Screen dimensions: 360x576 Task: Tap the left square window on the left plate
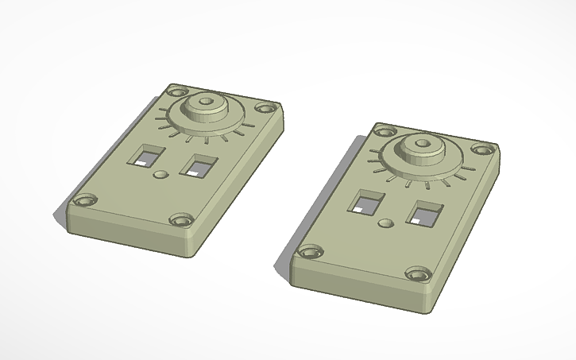coord(147,154)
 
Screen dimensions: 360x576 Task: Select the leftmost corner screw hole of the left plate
coord(83,201)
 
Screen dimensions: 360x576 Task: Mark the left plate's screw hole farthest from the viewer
coord(175,90)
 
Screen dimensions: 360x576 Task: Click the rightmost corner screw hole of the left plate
coord(265,109)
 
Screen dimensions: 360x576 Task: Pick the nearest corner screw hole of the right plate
coord(416,274)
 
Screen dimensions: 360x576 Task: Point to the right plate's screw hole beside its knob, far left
coord(386,132)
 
